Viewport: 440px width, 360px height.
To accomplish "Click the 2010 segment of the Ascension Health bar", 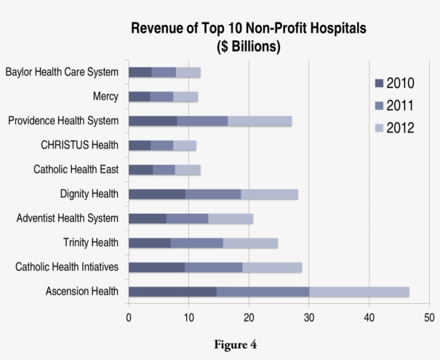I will pos(172,292).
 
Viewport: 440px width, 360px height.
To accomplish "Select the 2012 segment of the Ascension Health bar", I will pos(359,292).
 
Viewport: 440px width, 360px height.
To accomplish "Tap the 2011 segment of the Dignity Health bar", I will pos(213,194).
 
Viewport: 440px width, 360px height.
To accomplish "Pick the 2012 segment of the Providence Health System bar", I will pos(260,121).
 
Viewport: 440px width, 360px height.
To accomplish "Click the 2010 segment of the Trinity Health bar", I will pos(150,243).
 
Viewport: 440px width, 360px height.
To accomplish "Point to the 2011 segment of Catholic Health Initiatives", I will pos(214,267).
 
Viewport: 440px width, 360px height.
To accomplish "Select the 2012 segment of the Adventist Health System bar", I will pos(231,218).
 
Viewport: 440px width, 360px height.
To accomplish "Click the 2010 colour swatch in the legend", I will pos(379,84).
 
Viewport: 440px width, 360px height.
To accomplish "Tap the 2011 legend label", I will pos(400,106).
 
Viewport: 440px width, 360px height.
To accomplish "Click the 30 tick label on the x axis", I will pos(309,318).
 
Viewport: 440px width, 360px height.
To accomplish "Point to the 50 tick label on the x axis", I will pos(429,318).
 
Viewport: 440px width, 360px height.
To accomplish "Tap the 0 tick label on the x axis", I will pos(129,318).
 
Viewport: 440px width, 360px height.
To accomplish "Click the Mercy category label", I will pos(105,97).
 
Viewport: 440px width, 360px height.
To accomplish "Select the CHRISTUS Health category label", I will pos(79,145).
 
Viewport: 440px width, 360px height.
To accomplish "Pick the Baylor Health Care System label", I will pos(62,72).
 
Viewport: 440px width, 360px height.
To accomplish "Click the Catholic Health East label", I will pos(76,170).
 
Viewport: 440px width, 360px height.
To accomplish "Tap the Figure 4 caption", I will pos(235,345).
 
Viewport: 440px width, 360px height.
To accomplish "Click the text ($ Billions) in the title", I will pos(248,47).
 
